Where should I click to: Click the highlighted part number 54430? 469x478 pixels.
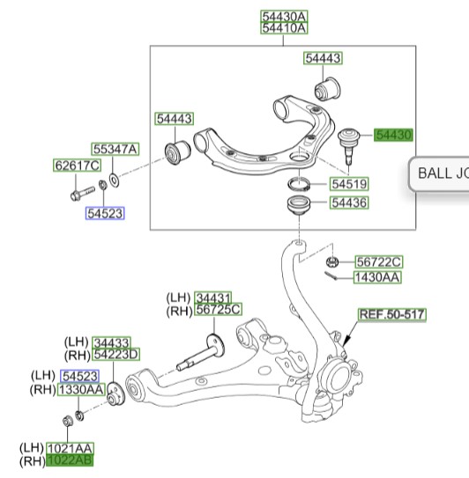tap(393, 135)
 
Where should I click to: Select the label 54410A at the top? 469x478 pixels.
tap(284, 28)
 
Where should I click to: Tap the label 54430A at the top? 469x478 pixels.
tap(284, 17)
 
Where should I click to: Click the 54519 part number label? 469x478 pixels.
tap(349, 184)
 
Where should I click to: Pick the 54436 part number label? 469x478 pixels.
tap(349, 202)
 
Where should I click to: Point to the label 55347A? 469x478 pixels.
tap(115, 149)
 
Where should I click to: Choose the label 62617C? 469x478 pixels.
tap(77, 165)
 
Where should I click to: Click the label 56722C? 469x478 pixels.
tap(378, 261)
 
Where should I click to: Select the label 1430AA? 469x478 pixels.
tap(377, 277)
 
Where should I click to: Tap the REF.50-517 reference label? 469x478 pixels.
tap(392, 314)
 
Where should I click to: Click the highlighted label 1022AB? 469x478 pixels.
tap(70, 460)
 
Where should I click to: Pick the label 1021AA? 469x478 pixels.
tap(70, 448)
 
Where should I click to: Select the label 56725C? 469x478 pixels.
tap(219, 309)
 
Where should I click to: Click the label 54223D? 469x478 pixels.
tap(116, 354)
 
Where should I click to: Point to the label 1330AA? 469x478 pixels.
tap(81, 390)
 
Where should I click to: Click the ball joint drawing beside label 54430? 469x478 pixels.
tap(349, 145)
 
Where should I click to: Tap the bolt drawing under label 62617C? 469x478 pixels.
tap(83, 194)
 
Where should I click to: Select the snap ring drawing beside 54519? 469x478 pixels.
tap(299, 184)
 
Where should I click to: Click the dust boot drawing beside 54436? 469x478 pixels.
tap(299, 205)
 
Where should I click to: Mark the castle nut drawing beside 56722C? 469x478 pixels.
tap(332, 261)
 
